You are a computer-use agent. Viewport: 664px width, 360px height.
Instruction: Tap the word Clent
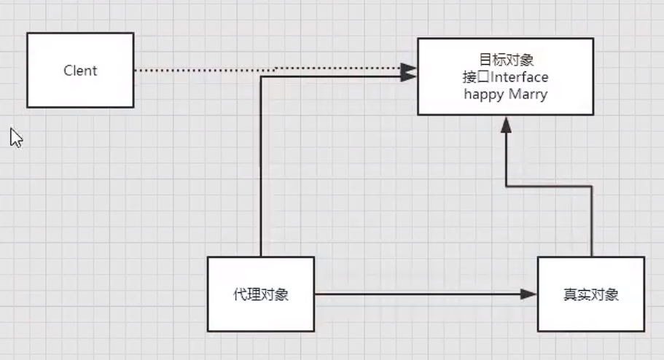[x=80, y=71]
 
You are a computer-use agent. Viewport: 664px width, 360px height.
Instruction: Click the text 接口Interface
[x=505, y=77]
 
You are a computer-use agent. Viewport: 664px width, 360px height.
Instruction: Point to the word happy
[x=483, y=95]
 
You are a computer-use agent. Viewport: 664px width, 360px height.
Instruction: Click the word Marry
[x=526, y=94]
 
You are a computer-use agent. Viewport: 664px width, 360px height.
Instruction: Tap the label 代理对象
[x=260, y=295]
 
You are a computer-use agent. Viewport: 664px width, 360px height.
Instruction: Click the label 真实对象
[x=590, y=295]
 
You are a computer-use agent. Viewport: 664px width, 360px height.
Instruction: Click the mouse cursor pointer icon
[x=16, y=137]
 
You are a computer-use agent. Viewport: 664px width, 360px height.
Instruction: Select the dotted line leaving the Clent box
[x=204, y=70]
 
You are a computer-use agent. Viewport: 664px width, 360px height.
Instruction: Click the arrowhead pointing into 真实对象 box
[x=528, y=294]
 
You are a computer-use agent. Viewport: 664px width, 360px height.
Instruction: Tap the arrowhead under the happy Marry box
[x=506, y=125]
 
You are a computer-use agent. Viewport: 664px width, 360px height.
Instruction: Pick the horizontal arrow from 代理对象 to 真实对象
[x=415, y=294]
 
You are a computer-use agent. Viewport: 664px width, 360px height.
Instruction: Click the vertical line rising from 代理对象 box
[x=261, y=168]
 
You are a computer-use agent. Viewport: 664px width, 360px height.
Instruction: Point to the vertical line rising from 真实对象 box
[x=591, y=219]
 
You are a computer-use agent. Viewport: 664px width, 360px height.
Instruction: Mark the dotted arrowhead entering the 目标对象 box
[x=408, y=69]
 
